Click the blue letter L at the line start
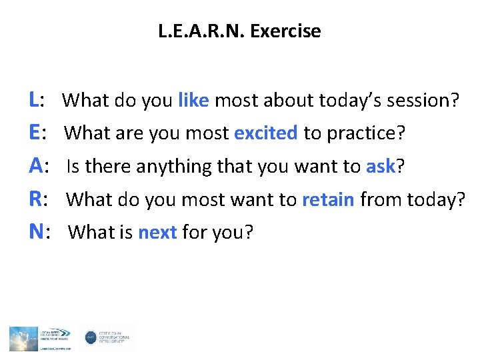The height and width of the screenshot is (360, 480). [33, 101]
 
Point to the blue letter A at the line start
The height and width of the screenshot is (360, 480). [35, 166]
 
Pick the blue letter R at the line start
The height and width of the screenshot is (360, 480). [35, 199]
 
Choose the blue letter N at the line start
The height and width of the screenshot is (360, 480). [35, 231]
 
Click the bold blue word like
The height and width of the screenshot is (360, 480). [194, 101]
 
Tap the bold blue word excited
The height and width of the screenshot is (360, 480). [266, 133]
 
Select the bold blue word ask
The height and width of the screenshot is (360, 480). [381, 166]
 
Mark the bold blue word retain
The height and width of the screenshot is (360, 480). [328, 199]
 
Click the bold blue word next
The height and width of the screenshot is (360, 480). [157, 232]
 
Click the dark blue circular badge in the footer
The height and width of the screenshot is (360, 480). [91, 338]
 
